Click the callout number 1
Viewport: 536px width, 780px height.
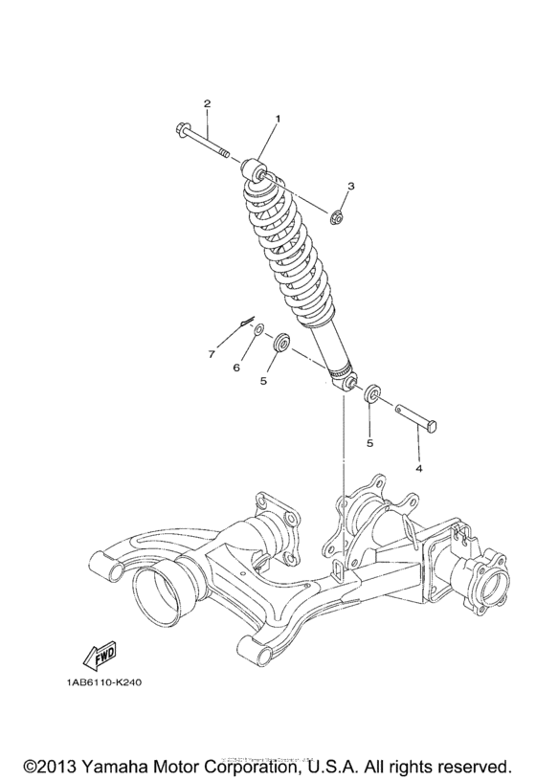[x=279, y=119]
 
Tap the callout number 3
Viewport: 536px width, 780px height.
[x=351, y=186]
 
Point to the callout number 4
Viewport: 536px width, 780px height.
[x=418, y=469]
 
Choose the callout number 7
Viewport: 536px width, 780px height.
[x=212, y=355]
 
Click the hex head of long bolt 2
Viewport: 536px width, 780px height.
[x=182, y=128]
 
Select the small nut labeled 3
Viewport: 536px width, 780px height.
[x=338, y=218]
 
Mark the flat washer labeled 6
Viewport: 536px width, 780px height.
[x=257, y=331]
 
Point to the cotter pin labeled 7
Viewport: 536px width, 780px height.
[x=245, y=320]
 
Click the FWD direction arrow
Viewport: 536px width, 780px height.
[x=100, y=656]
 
